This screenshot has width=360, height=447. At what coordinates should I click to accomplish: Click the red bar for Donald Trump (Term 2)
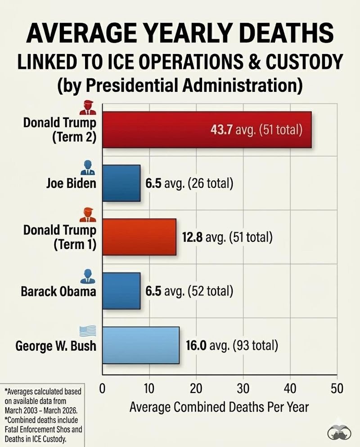207,130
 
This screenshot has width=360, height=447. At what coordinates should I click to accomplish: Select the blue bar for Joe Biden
121,183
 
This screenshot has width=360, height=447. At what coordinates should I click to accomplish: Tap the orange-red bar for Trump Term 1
139,237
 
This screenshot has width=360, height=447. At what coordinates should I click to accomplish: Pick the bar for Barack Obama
121,291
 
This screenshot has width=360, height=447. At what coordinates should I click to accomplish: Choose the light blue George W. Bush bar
141,345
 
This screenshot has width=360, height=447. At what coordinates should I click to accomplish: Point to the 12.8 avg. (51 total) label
227,237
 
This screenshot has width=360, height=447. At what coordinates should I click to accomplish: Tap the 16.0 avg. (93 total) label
232,346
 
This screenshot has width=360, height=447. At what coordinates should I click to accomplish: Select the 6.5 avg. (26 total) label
189,184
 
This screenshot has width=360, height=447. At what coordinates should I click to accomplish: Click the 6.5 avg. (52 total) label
189,291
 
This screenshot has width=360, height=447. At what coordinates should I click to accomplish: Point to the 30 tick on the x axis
243,388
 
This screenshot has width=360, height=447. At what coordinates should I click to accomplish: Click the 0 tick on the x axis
103,388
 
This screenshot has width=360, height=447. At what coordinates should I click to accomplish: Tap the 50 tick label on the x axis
337,388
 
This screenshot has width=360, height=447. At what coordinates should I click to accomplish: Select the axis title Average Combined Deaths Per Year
219,407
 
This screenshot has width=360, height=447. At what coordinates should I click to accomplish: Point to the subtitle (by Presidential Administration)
180,85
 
